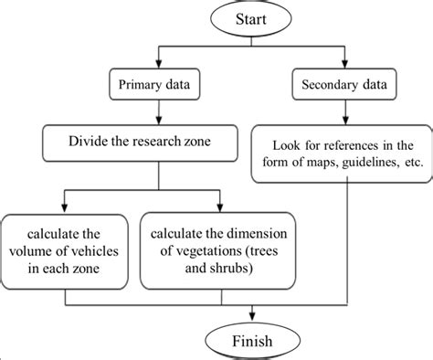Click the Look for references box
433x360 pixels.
coord(340,153)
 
